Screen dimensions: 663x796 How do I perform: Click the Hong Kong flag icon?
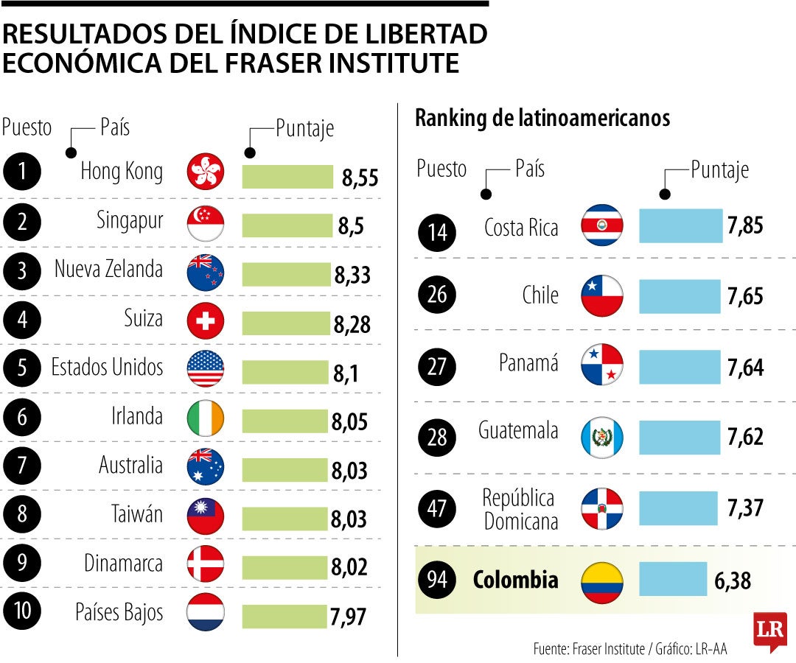(206, 172)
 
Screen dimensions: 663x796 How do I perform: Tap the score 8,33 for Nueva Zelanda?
(352, 275)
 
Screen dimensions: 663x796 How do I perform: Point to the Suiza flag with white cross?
(206, 320)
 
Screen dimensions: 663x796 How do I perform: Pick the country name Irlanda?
(132, 417)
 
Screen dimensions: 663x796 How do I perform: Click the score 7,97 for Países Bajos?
(348, 617)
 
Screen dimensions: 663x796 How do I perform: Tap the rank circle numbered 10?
(21, 613)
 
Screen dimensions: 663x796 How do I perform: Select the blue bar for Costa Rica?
(680, 226)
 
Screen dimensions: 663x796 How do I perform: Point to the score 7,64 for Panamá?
(745, 367)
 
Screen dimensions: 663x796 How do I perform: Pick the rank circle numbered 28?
(437, 438)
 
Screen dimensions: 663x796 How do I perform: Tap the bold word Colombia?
(515, 580)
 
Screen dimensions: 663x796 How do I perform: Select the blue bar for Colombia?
(672, 579)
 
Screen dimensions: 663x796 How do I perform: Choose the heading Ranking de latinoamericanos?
(542, 118)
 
